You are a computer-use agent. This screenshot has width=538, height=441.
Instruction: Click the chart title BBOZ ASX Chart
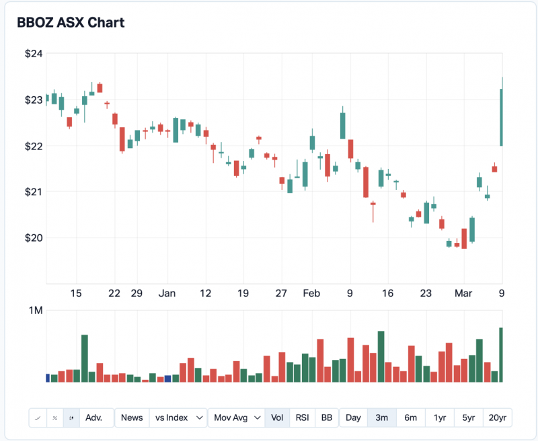71,22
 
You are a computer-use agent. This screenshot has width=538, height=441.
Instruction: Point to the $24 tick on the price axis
34,54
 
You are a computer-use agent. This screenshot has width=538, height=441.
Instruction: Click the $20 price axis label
34,238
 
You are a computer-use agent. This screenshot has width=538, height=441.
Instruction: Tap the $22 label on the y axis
34,146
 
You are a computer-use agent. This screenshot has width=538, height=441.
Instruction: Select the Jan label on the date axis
167,293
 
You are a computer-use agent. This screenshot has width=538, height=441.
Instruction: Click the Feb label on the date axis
311,293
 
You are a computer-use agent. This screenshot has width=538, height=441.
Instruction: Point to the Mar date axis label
463,293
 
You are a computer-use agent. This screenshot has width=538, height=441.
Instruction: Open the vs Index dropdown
178,417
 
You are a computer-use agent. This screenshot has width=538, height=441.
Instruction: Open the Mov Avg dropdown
236,417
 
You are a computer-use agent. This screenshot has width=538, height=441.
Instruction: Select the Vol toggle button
277,417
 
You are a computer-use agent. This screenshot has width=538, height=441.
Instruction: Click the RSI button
303,417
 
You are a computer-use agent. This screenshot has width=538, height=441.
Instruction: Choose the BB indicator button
326,417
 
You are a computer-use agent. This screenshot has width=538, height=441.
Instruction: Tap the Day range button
353,417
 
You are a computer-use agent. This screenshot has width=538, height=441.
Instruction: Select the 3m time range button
382,417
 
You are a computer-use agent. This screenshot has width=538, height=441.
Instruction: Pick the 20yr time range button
497,417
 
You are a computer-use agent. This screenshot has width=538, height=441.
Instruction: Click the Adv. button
95,417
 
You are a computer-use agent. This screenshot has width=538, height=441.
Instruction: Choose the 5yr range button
468,417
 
